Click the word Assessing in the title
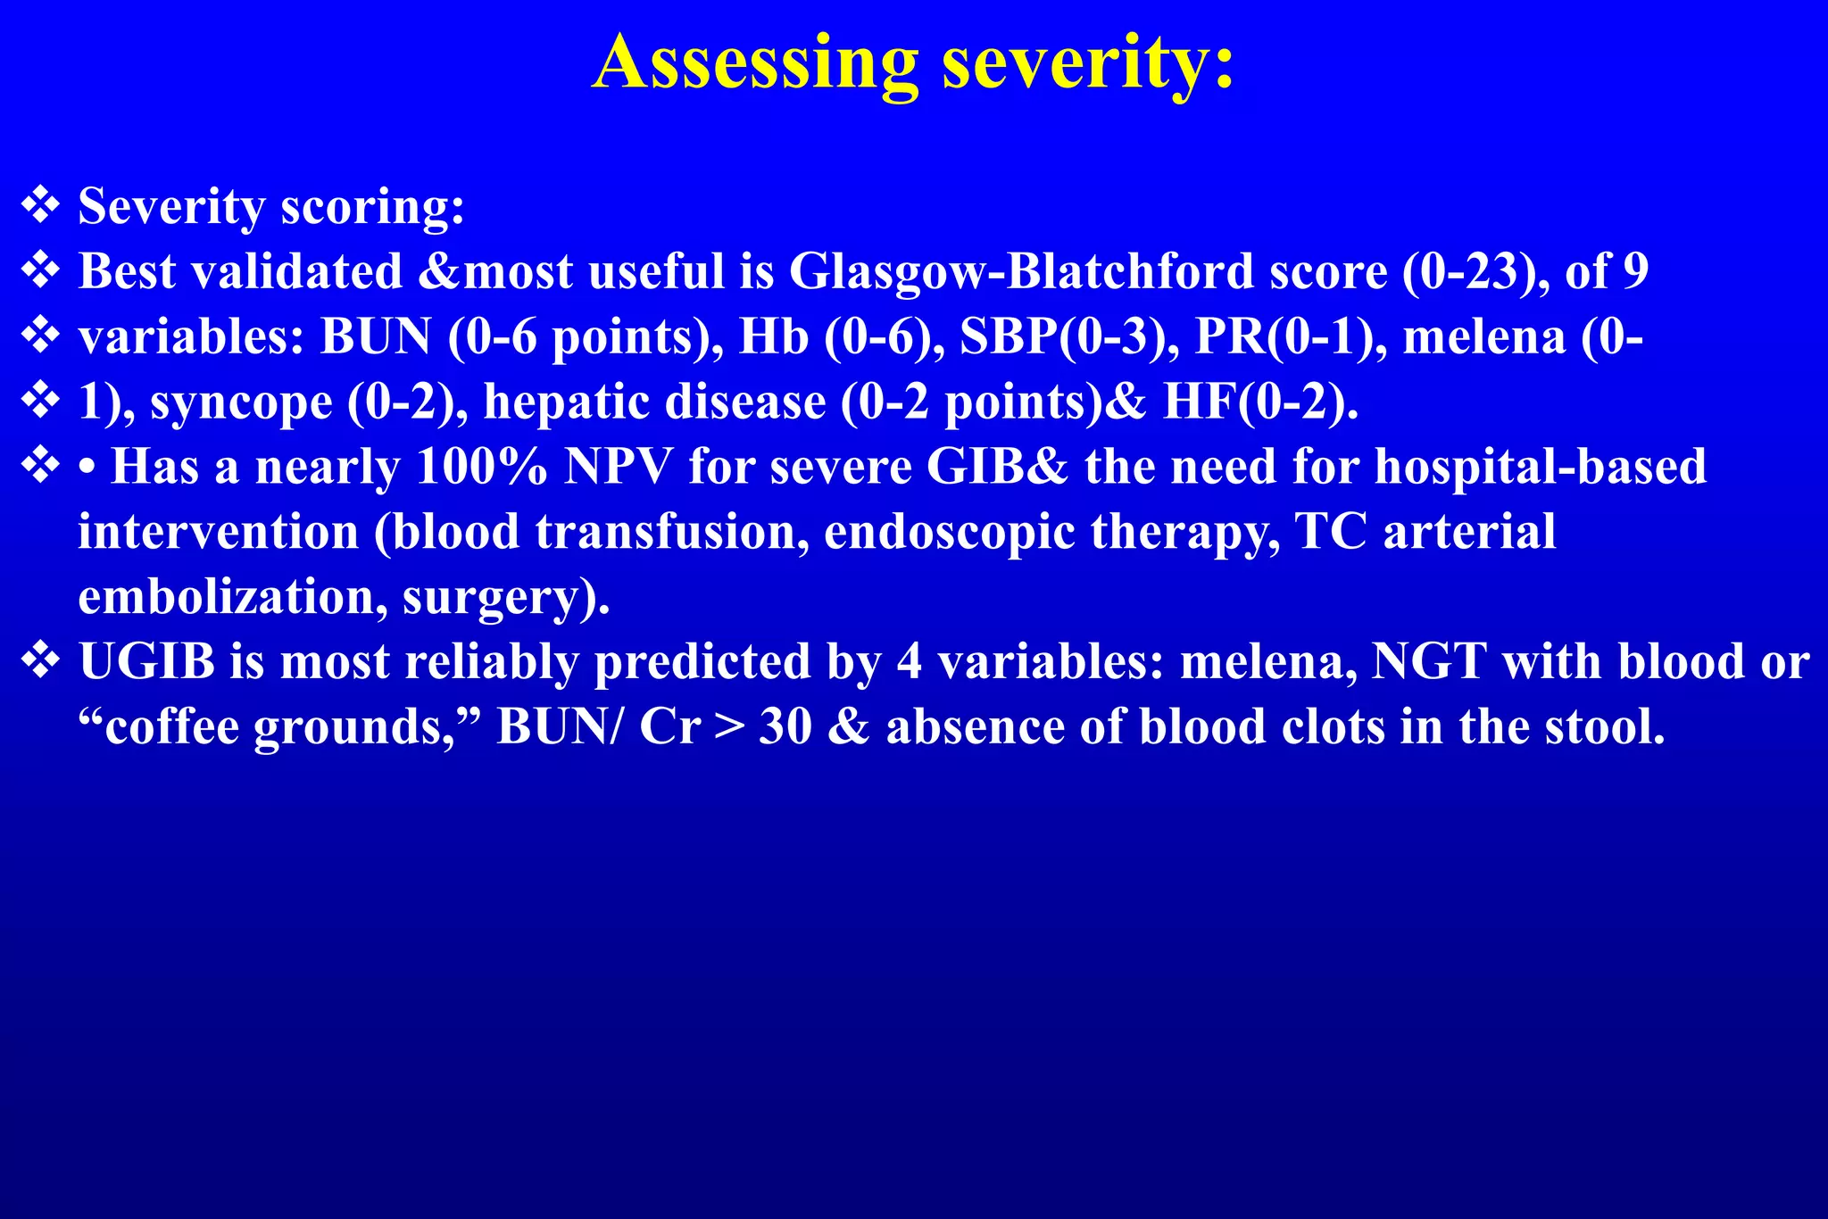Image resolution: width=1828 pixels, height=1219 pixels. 755,64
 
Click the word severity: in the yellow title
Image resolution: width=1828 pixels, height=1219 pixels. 1089,64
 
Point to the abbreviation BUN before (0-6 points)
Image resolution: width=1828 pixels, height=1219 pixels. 376,337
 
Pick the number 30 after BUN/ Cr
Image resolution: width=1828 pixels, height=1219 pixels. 785,727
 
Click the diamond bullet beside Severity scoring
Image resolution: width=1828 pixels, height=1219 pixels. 40,205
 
